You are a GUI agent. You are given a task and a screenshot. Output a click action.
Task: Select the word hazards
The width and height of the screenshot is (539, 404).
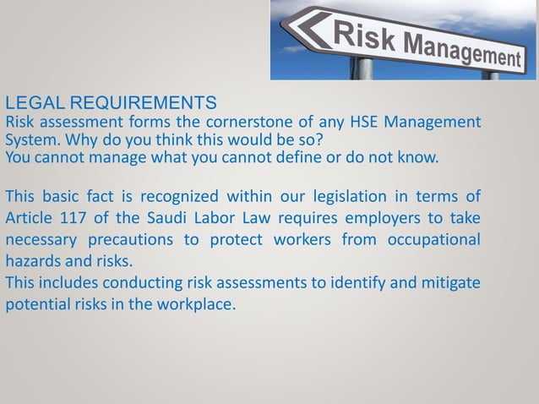click(x=33, y=259)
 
